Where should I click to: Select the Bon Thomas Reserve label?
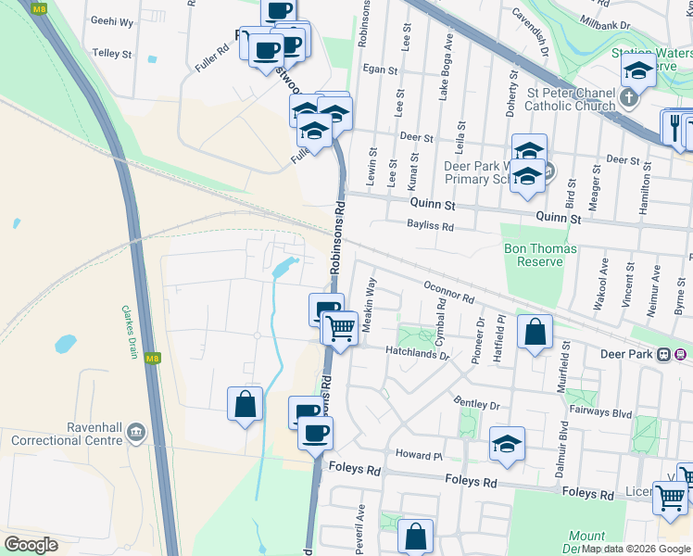[x=540, y=255]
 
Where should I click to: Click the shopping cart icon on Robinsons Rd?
[x=340, y=326]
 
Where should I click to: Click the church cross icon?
[x=629, y=97]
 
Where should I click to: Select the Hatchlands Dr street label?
[x=418, y=354]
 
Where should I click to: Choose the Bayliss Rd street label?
[x=431, y=225]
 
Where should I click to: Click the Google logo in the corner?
[x=31, y=545]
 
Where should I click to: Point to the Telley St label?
[x=113, y=55]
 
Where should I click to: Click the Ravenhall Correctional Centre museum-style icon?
[x=136, y=432]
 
